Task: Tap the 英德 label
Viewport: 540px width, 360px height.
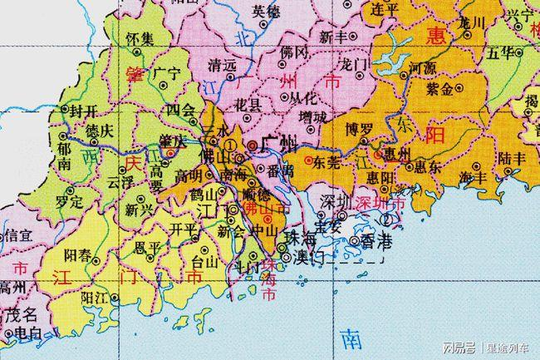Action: [x=267, y=12]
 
